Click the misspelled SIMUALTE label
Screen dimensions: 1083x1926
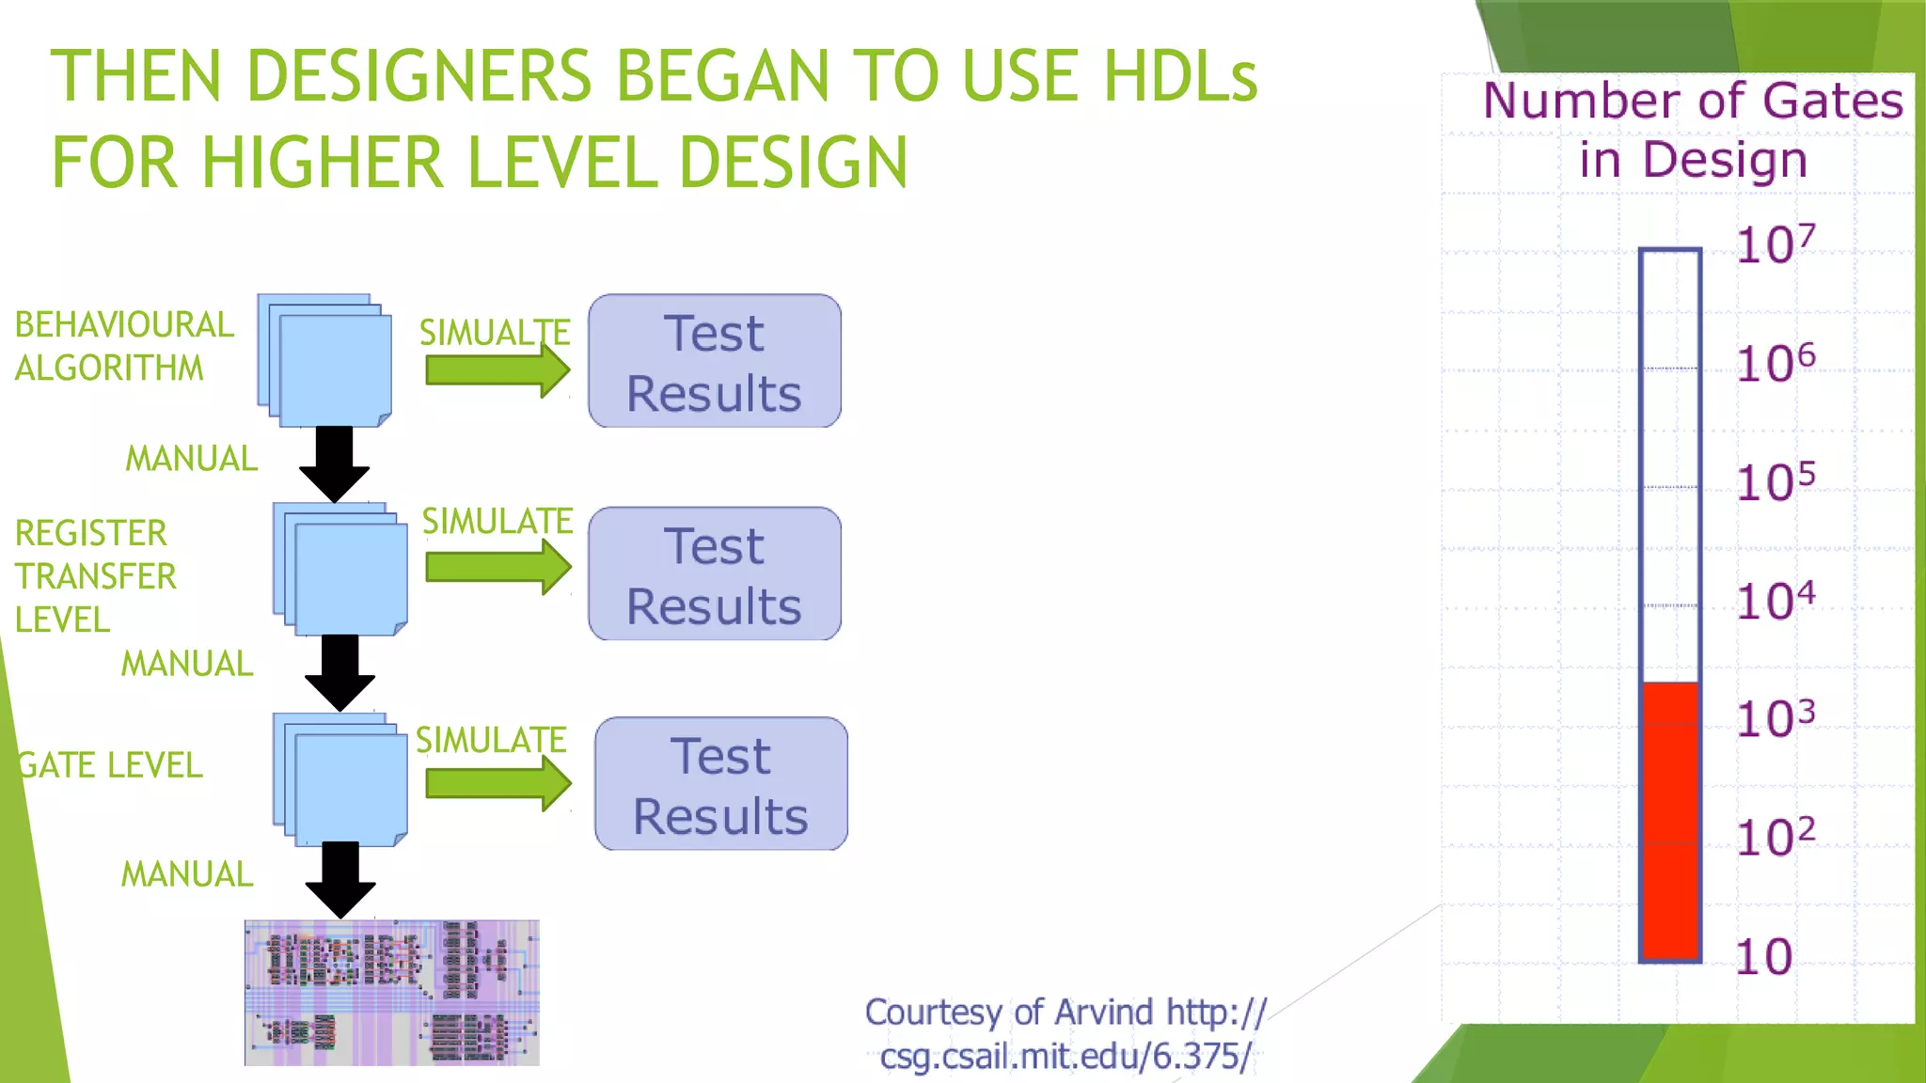(x=494, y=332)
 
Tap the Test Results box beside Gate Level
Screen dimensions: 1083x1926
(x=720, y=784)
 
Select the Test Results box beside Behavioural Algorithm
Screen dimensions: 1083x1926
(x=715, y=361)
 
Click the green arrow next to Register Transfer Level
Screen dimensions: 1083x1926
(x=497, y=568)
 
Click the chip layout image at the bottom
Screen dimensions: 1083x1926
(x=391, y=993)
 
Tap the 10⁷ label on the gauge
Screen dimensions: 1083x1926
(x=1775, y=244)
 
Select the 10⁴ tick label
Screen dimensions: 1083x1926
(x=1775, y=600)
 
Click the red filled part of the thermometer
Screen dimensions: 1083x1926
(x=1670, y=818)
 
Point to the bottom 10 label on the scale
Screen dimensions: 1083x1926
(x=1763, y=957)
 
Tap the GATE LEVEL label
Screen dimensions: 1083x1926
(x=111, y=765)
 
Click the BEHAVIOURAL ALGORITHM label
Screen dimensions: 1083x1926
(x=123, y=346)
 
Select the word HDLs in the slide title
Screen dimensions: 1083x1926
(x=1180, y=77)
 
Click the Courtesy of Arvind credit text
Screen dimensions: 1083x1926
(x=1065, y=1034)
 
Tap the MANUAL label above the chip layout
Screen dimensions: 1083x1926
(x=187, y=874)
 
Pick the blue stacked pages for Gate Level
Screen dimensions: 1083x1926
(x=341, y=780)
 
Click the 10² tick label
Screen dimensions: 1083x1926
(x=1775, y=837)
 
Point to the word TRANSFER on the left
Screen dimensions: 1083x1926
(x=95, y=576)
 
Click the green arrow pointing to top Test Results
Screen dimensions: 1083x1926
(x=497, y=370)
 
